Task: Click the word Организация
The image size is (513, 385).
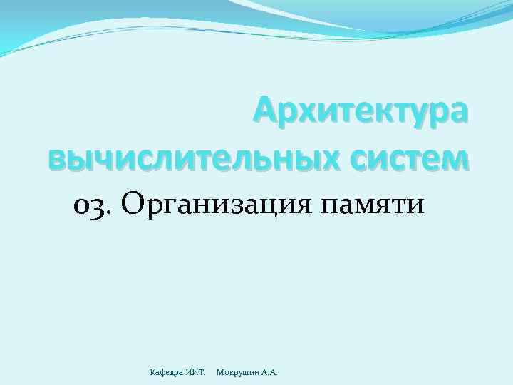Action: pos(217,205)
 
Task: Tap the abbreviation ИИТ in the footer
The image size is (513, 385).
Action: pos(196,372)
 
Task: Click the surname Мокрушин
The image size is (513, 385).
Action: pos(238,372)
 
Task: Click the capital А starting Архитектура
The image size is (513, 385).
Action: pos(265,112)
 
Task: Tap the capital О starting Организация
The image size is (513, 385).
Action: pos(133,205)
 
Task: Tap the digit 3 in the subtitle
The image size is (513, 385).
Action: pos(99,206)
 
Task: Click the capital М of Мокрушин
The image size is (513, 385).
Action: pos(219,372)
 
